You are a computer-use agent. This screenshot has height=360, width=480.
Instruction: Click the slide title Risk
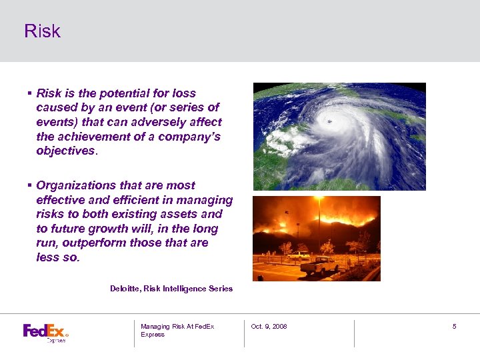pos(42,31)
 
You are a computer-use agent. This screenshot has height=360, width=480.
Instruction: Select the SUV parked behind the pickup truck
pos(299,255)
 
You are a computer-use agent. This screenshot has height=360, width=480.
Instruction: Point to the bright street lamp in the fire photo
pos(319,199)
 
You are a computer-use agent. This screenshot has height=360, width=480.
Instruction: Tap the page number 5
pos(454,326)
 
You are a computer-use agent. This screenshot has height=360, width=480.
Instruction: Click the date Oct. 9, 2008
pos(269,326)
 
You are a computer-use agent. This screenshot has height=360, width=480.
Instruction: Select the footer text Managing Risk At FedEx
pos(177,326)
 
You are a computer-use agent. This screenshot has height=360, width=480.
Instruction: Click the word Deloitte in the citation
pos(125,289)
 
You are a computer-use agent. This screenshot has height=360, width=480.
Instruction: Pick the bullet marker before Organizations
pos(30,185)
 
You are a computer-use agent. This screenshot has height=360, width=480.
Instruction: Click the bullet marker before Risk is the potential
pos(30,93)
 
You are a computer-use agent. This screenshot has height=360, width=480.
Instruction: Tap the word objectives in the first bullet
pos(66,151)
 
